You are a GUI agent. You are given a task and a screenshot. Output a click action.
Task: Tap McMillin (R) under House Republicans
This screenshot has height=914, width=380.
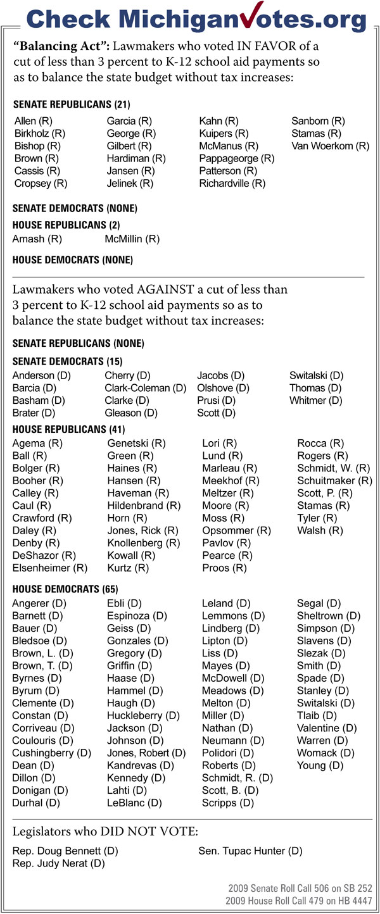[132, 239]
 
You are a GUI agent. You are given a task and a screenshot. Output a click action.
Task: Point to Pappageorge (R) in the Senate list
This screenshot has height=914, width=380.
[236, 158]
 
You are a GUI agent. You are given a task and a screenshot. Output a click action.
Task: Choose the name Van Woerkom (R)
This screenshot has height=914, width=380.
[329, 146]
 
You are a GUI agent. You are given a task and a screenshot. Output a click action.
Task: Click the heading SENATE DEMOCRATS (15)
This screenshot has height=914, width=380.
[67, 361]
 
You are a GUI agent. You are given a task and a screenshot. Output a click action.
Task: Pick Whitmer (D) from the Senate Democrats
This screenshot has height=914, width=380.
[315, 400]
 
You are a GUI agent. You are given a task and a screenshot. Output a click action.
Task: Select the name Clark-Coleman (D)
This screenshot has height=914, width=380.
[145, 387]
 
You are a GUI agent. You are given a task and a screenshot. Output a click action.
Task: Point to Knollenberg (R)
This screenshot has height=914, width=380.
[143, 543]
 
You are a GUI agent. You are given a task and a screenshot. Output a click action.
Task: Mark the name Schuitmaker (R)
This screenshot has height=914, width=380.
[334, 480]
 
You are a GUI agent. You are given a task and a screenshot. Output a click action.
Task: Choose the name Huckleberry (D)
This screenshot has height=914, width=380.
[143, 715]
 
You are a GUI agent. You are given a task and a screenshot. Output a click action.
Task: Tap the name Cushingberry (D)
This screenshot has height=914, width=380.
[51, 753]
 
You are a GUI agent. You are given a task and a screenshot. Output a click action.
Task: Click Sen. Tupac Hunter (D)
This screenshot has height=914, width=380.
[250, 851]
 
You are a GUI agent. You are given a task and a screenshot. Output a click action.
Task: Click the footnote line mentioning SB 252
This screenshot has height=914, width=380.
[300, 889]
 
